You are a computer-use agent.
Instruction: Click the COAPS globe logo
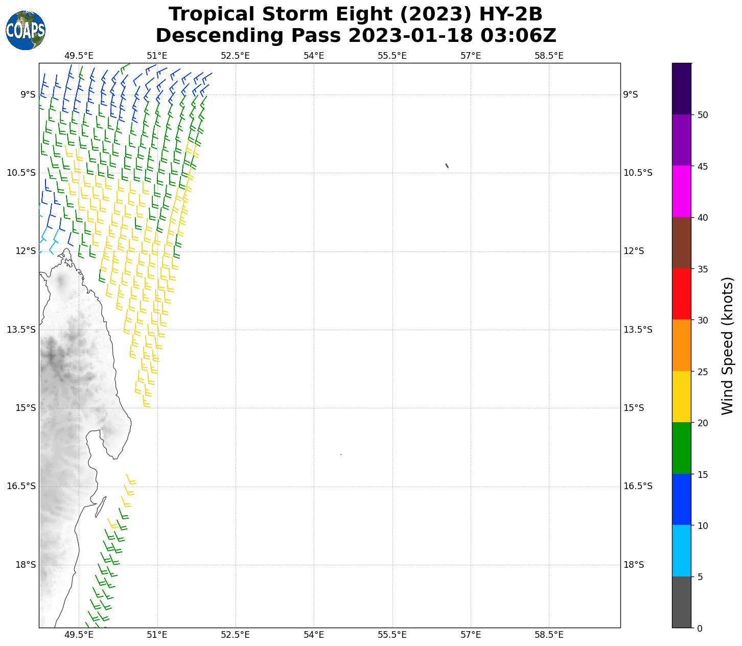coord(26,30)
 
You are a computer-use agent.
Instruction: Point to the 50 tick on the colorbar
coord(703,114)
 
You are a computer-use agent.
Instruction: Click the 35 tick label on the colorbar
coord(703,269)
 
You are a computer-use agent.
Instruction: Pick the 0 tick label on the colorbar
coord(700,628)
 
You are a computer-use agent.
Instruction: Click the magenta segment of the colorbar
coord(681,191)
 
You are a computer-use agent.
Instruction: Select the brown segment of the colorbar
coord(681,243)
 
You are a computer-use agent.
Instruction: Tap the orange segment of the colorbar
coord(681,345)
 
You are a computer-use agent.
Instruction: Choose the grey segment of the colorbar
coord(681,602)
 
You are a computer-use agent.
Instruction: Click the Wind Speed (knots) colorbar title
coord(727,345)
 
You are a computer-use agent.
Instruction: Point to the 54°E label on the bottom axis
coord(314,635)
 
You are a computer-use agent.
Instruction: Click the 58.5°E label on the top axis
coord(549,56)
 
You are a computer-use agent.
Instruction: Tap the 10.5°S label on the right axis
coord(638,173)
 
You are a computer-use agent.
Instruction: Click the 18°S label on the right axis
coord(634,565)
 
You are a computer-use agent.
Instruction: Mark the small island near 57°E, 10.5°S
coord(447,166)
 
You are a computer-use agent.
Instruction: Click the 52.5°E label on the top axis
coord(235,56)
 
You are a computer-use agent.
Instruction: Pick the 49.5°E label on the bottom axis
coord(79,635)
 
